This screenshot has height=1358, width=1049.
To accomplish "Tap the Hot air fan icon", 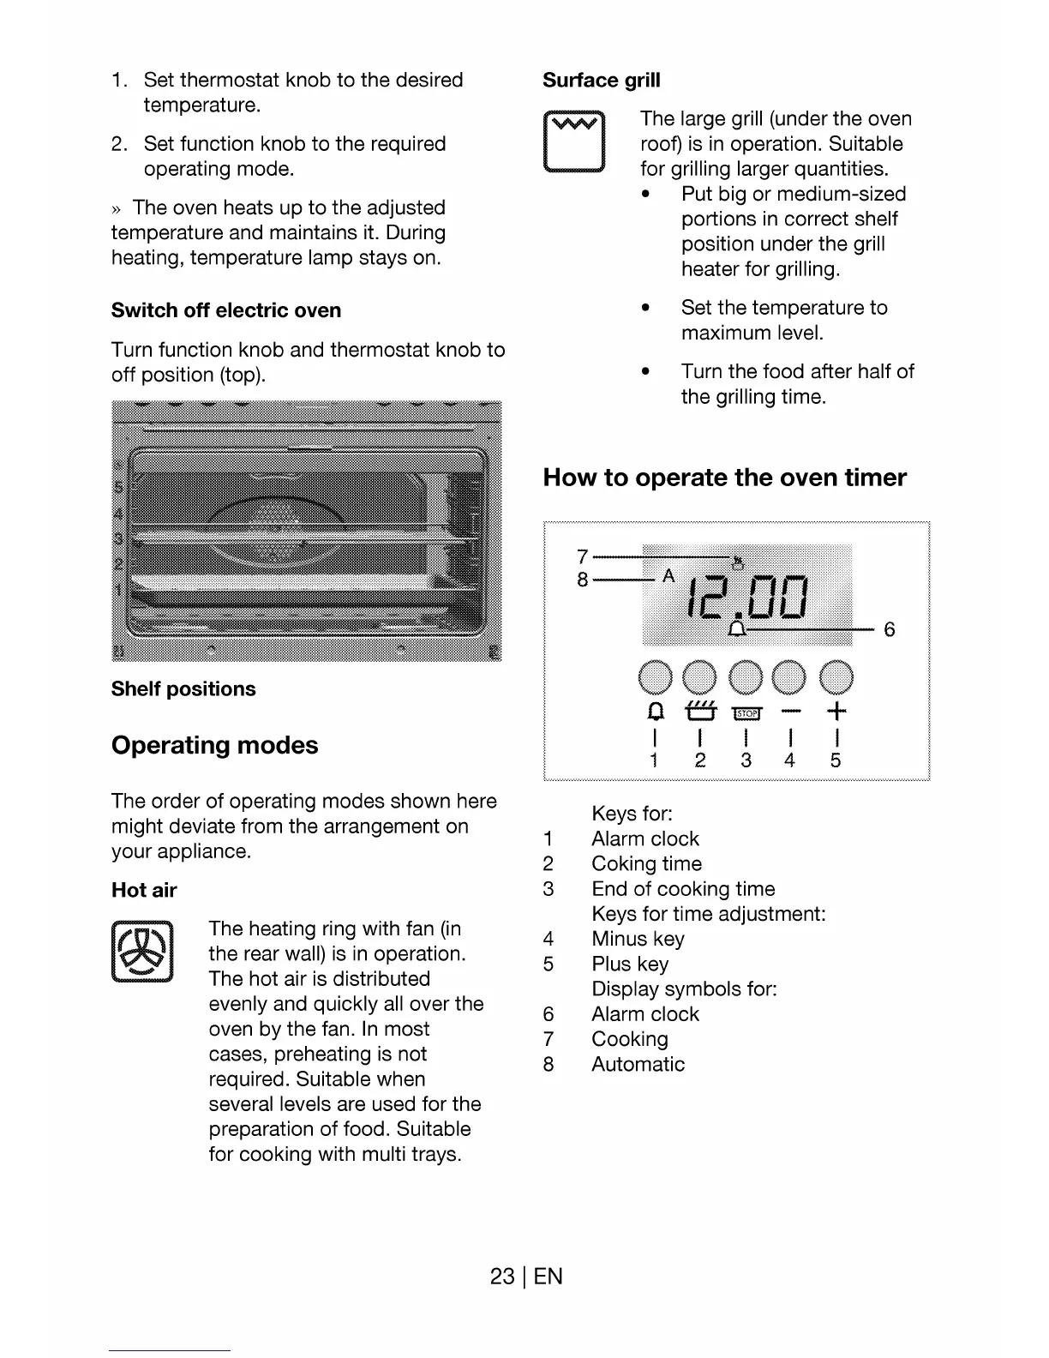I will point(142,952).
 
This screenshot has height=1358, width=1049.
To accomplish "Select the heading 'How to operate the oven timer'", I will point(724,478).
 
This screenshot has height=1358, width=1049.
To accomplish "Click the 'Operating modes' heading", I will point(214,745).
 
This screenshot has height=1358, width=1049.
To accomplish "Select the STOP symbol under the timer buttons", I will point(746,713).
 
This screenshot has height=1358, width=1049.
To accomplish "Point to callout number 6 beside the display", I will point(890,630).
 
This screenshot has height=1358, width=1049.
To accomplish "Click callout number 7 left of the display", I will point(583,556).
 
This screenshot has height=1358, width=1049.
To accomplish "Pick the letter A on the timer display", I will point(668,575).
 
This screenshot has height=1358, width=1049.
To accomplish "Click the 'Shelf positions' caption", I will point(183,689).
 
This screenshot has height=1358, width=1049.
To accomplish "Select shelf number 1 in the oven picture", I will point(119,591).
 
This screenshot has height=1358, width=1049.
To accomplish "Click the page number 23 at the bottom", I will point(501,1277).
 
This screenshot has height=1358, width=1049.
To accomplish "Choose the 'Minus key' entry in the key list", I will point(638,939).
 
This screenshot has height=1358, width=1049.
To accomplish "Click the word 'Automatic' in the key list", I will point(638,1064).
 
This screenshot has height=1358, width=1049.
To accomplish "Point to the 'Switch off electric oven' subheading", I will point(226,310).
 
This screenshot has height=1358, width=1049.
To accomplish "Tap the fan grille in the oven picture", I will point(274,532).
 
